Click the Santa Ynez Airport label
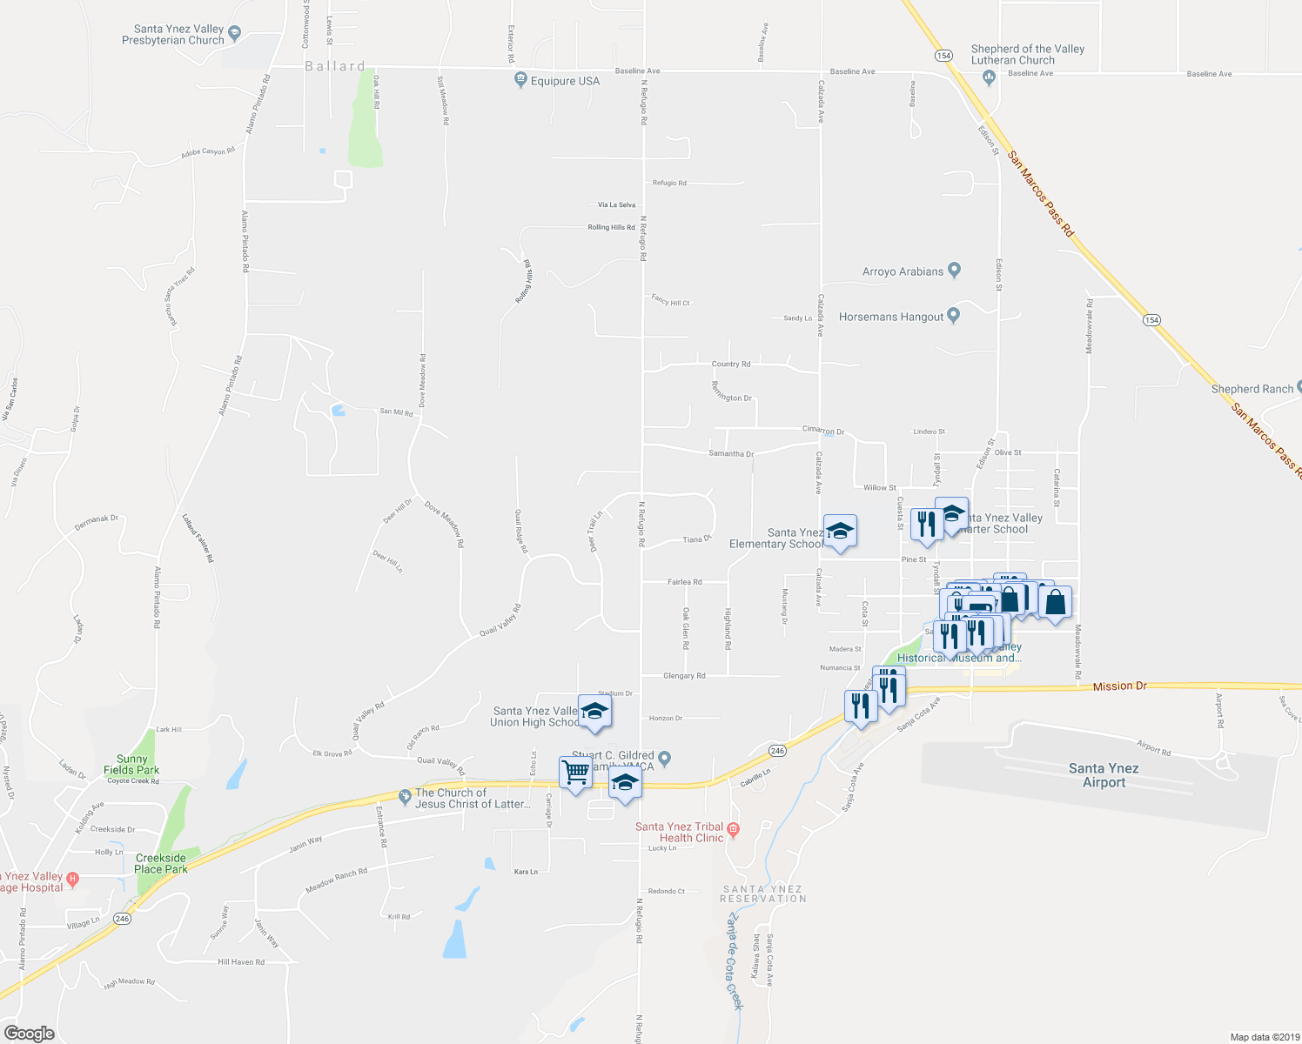pyautogui.click(x=1104, y=775)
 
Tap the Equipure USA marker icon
pyautogui.click(x=520, y=80)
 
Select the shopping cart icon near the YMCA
pyautogui.click(x=575, y=772)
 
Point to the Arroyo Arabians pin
pyautogui.click(x=954, y=271)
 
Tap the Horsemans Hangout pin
pyautogui.click(x=954, y=316)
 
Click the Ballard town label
pyautogui.click(x=335, y=66)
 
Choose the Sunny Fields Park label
pyautogui.click(x=131, y=765)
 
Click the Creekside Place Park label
pyautogui.click(x=161, y=863)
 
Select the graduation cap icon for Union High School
pyautogui.click(x=594, y=713)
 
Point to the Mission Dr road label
pyautogui.click(x=1119, y=686)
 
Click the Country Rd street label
pyautogui.click(x=730, y=365)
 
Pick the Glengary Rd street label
pyautogui.click(x=684, y=676)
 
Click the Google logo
pyautogui.click(x=29, y=1034)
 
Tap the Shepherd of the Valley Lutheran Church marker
pyautogui.click(x=989, y=78)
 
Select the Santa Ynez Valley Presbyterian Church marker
pyautogui.click(x=233, y=34)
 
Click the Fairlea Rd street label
pyautogui.click(x=684, y=582)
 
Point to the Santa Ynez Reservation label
pyautogui.click(x=763, y=893)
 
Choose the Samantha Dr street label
pyautogui.click(x=731, y=454)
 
